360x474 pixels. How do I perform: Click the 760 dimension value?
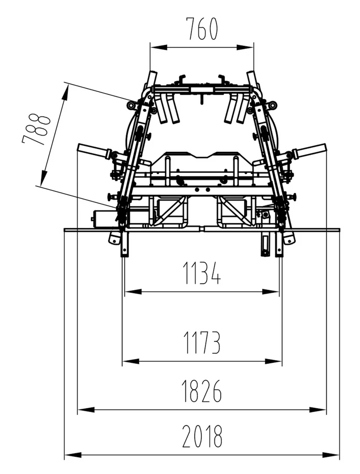[201, 29]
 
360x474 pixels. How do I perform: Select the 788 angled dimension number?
[36, 129]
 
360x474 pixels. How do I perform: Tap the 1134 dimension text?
[202, 273]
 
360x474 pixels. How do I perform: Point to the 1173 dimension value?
[202, 342]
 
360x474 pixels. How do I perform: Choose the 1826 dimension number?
[202, 391]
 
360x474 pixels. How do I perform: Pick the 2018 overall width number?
[202, 436]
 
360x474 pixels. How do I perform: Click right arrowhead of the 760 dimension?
[245, 47]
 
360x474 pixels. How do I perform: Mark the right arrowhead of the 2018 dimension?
[331, 455]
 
